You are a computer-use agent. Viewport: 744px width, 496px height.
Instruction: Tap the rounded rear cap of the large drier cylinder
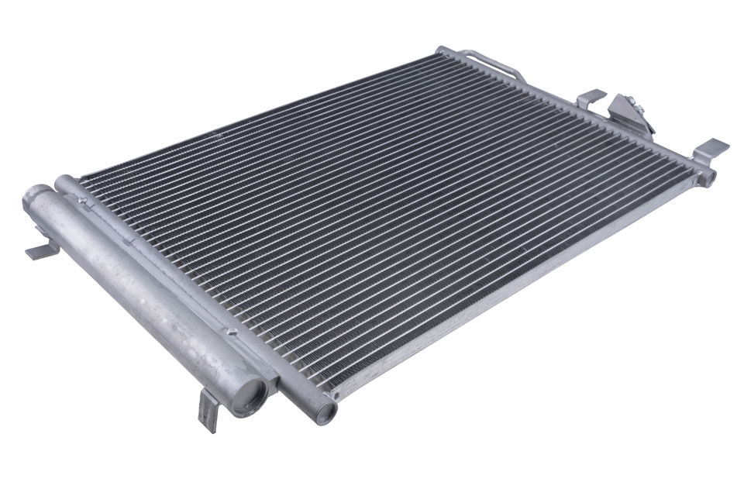35,200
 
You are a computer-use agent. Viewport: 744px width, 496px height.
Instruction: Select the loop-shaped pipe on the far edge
488,64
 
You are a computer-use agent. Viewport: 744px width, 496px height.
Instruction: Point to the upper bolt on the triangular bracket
629,100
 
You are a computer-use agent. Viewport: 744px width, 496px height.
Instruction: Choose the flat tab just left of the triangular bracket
591,98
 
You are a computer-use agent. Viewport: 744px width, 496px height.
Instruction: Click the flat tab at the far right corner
711,148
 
